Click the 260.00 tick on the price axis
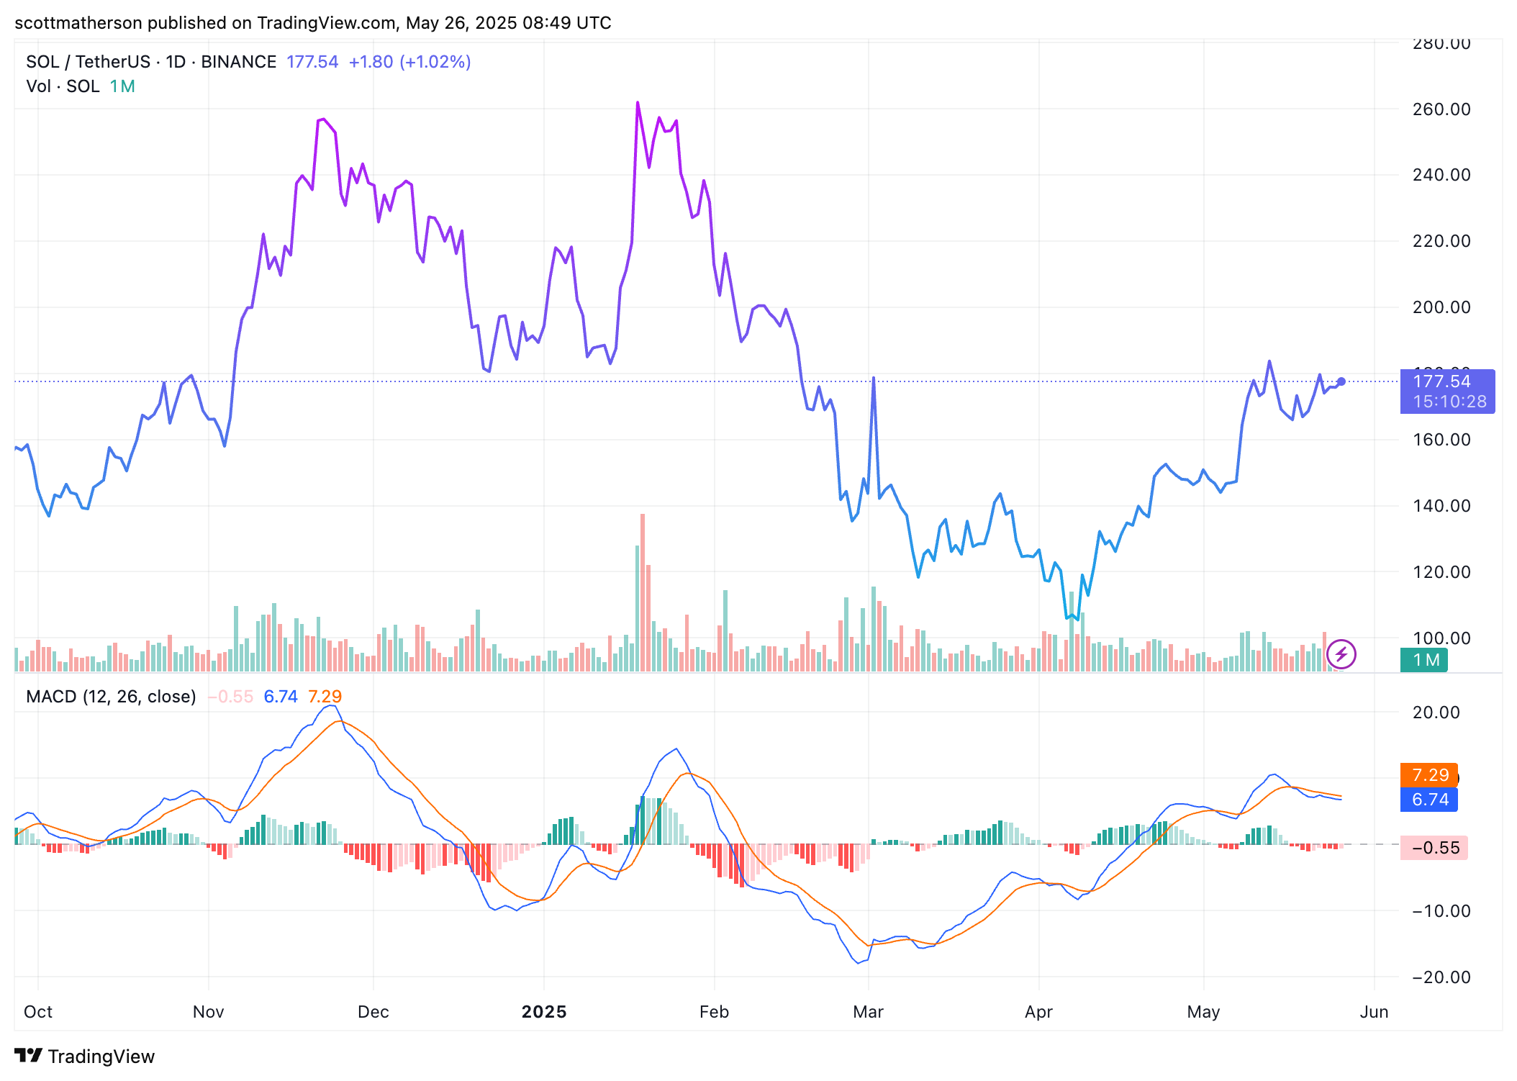tap(1441, 109)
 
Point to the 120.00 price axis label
tap(1441, 572)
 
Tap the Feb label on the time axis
tap(714, 1012)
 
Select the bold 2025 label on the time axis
tap(544, 1012)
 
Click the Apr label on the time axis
tap(1038, 1012)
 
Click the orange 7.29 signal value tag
tap(1429, 775)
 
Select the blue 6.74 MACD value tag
tap(1429, 800)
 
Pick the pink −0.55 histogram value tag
tap(1434, 848)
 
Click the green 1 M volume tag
tap(1424, 660)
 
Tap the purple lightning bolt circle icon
tap(1341, 654)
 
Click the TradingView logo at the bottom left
tap(85, 1056)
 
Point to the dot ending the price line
tap(1341, 381)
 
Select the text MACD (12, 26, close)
tap(111, 697)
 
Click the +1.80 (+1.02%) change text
tap(409, 62)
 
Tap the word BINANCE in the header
tap(238, 62)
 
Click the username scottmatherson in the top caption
tap(78, 23)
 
